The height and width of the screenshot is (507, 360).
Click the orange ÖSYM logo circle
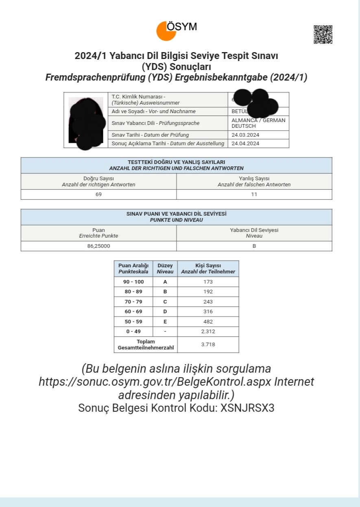click(166, 31)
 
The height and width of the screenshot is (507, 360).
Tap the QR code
click(323, 35)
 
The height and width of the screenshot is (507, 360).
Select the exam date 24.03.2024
click(245, 135)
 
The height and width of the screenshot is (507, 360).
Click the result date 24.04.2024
click(245, 143)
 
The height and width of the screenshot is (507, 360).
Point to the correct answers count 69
click(98, 194)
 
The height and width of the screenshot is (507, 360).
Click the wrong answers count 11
click(254, 194)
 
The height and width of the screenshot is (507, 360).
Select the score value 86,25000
click(98, 246)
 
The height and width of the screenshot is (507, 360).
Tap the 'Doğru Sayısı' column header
click(98, 181)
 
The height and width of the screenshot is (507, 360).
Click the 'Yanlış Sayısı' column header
click(254, 181)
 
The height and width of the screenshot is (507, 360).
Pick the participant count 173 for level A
click(208, 282)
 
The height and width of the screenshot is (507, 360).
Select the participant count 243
click(208, 302)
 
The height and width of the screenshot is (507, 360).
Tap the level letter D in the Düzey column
click(165, 312)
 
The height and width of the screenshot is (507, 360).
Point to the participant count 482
click(208, 321)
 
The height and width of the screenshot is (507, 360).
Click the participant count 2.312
click(208, 332)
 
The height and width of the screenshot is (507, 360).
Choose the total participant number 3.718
click(208, 345)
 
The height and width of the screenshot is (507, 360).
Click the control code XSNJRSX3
click(247, 408)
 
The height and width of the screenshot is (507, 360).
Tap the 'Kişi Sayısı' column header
click(208, 269)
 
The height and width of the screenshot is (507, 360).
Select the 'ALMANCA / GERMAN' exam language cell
click(258, 123)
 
